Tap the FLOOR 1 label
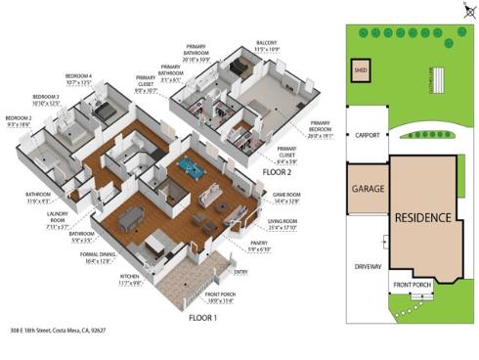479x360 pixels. point(202,317)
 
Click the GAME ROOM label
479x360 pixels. point(286,196)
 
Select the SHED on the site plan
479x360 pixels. point(360,71)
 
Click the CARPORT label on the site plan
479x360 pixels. point(367,136)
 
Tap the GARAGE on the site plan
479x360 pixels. point(367,187)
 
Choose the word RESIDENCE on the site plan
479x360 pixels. point(422,216)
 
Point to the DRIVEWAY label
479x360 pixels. point(368,265)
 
